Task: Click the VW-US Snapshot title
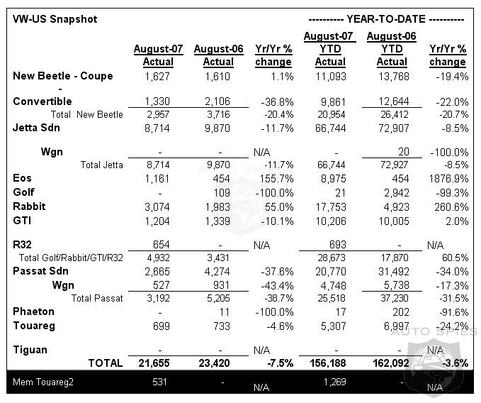click(55, 19)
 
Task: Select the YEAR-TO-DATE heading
click(387, 19)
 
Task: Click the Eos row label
click(22, 177)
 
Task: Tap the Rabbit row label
click(29, 206)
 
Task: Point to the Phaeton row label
click(33, 311)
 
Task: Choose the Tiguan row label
click(30, 349)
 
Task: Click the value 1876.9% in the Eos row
click(449, 178)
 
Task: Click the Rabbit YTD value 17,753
click(329, 207)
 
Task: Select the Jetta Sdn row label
click(36, 128)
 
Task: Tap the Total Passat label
click(97, 298)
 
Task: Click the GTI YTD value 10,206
click(329, 221)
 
